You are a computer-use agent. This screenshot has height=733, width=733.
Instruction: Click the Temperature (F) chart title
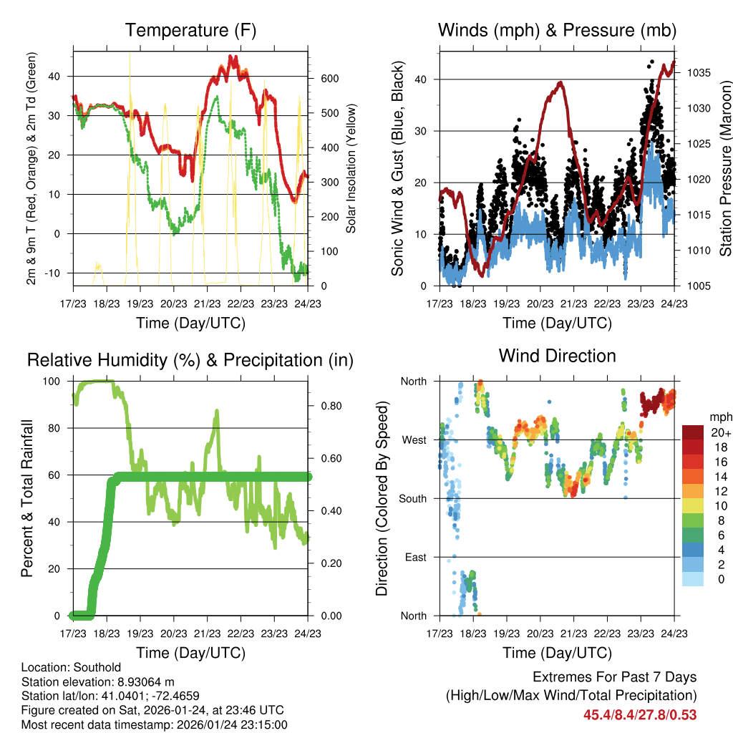(190, 31)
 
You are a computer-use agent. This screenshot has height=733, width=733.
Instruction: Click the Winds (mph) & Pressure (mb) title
(557, 31)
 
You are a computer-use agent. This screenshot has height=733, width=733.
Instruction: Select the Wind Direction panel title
(557, 356)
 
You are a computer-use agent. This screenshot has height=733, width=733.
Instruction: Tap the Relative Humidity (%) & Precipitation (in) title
(190, 360)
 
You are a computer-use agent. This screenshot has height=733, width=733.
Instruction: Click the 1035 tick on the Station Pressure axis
(694, 73)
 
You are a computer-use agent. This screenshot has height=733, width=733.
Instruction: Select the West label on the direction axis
(413, 440)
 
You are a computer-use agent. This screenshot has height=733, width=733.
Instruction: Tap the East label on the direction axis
(414, 557)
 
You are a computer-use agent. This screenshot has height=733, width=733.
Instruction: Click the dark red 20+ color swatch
(694, 432)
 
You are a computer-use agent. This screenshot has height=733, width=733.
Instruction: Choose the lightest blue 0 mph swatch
(694, 578)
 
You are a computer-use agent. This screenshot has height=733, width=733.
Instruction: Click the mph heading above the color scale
(719, 417)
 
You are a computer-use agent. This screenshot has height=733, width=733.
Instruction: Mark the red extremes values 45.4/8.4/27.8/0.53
(640, 714)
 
